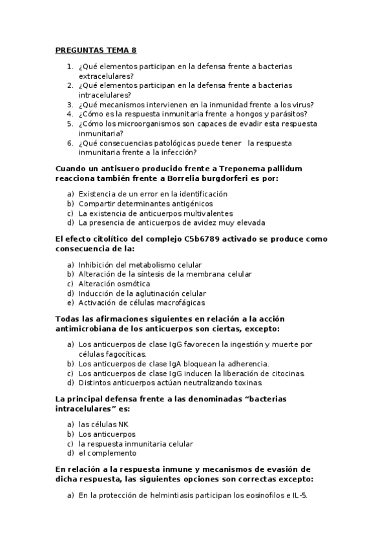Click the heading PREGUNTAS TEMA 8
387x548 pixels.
point(96,50)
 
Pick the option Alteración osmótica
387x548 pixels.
point(114,284)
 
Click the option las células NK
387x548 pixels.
point(103,425)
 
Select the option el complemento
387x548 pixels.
point(108,454)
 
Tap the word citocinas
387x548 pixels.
point(283,374)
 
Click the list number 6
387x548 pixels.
point(70,143)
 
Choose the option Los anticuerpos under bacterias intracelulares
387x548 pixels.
point(107,434)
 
